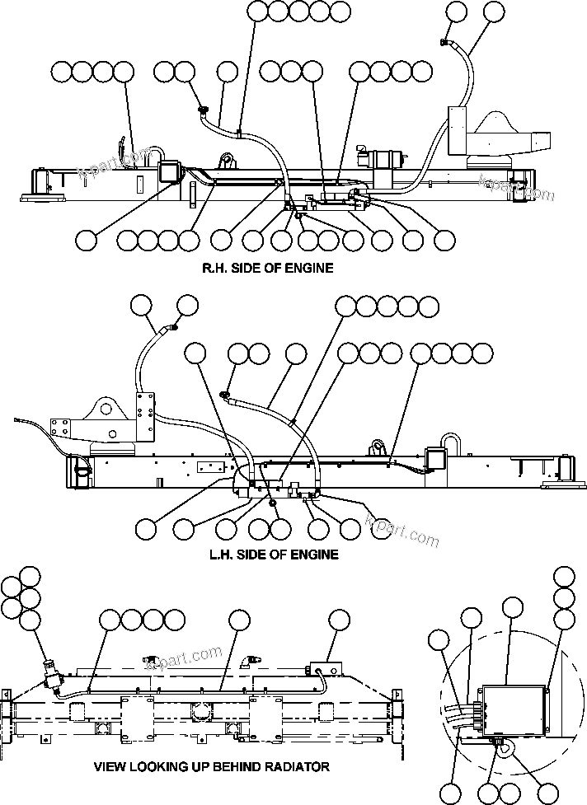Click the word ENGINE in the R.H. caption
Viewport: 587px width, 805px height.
311,268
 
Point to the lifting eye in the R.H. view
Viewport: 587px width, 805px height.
224,161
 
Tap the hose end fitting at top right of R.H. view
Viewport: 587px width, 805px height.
446,41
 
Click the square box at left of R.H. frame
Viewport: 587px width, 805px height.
168,172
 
